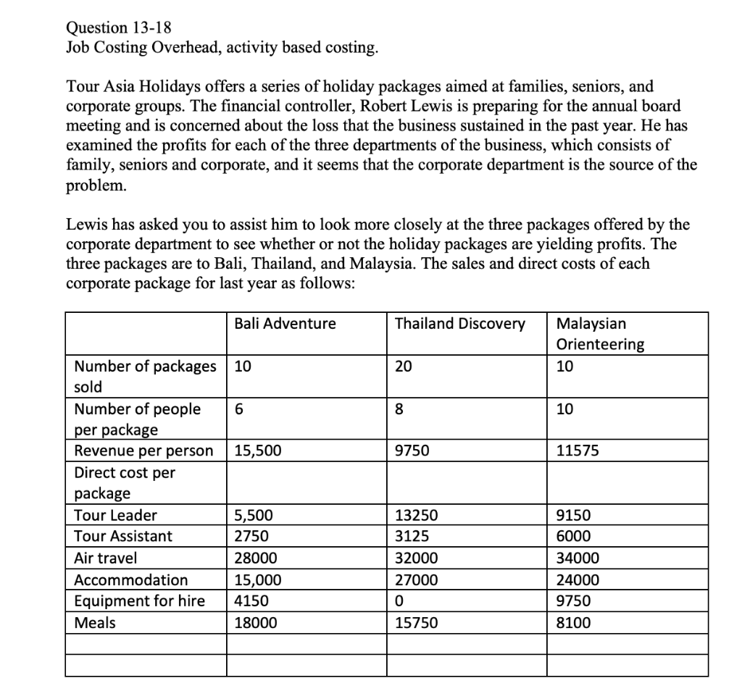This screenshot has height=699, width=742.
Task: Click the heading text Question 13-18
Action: point(120,28)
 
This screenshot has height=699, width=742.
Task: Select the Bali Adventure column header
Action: point(285,324)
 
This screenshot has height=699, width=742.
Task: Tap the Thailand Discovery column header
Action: point(459,324)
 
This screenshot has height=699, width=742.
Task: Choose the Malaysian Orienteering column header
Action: point(600,334)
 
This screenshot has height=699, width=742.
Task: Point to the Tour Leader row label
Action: point(116,516)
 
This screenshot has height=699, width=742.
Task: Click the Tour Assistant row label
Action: point(124,537)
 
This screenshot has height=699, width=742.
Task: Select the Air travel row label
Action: point(106,558)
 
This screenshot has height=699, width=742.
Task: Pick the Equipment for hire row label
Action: point(140,600)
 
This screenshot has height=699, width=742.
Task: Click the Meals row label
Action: point(95,622)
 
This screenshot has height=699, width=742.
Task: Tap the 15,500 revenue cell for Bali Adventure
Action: point(258,451)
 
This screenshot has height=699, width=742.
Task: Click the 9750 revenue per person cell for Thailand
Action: point(412,451)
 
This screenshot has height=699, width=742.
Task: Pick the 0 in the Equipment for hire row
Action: point(399,600)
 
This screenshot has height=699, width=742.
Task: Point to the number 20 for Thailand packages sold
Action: point(403,366)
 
